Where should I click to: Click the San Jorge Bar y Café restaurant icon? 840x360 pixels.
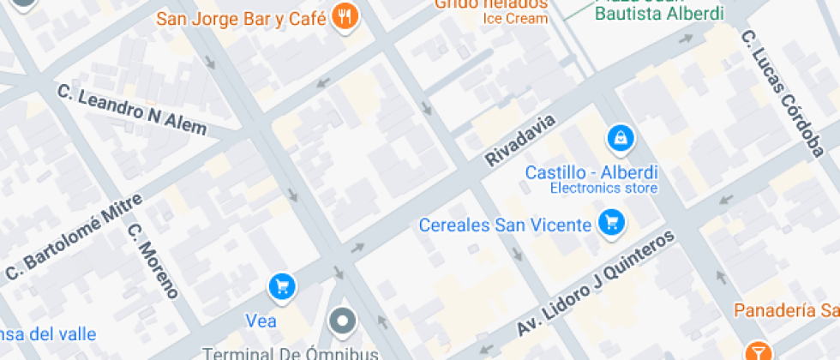(345, 17)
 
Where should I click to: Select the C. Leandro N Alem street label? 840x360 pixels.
(132, 110)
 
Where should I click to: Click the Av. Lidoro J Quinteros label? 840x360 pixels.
(596, 283)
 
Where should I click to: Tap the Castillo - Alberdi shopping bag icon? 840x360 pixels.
(619, 137)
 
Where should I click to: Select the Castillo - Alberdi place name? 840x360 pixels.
(591, 171)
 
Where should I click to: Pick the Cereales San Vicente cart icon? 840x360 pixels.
(611, 224)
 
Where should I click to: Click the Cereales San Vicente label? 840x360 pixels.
(505, 225)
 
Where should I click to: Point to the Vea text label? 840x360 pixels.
(261, 321)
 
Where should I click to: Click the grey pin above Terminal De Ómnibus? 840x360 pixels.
(344, 322)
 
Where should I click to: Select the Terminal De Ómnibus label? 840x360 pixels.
(290, 353)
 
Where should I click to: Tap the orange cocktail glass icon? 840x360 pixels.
(758, 351)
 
